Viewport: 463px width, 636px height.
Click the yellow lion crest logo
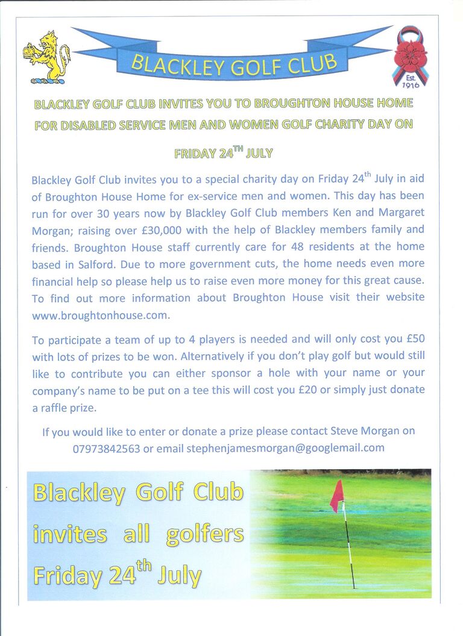pyautogui.click(x=47, y=57)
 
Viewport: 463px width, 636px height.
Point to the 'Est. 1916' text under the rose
pyautogui.click(x=411, y=81)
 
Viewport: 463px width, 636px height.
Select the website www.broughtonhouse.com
pyautogui.click(x=100, y=314)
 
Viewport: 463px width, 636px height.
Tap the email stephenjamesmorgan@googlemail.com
pyautogui.click(x=285, y=447)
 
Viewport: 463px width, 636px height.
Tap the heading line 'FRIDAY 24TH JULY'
pyautogui.click(x=224, y=153)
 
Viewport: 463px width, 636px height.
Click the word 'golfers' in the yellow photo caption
pyautogui.click(x=204, y=534)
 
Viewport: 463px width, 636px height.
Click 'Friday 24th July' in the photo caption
pyautogui.click(x=118, y=574)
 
